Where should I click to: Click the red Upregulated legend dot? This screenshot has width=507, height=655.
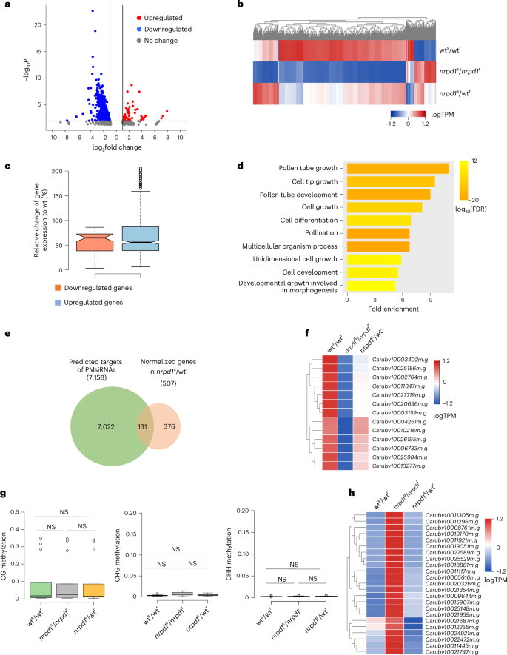tap(138, 16)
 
